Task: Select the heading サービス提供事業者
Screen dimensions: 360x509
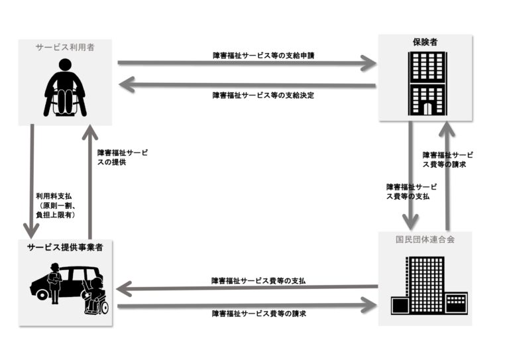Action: click(65, 247)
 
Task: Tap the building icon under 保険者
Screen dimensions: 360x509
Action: click(424, 84)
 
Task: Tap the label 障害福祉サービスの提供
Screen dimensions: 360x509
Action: click(122, 156)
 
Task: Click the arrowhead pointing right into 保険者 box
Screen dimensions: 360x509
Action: click(368, 64)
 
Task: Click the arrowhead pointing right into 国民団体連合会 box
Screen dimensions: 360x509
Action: click(368, 306)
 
